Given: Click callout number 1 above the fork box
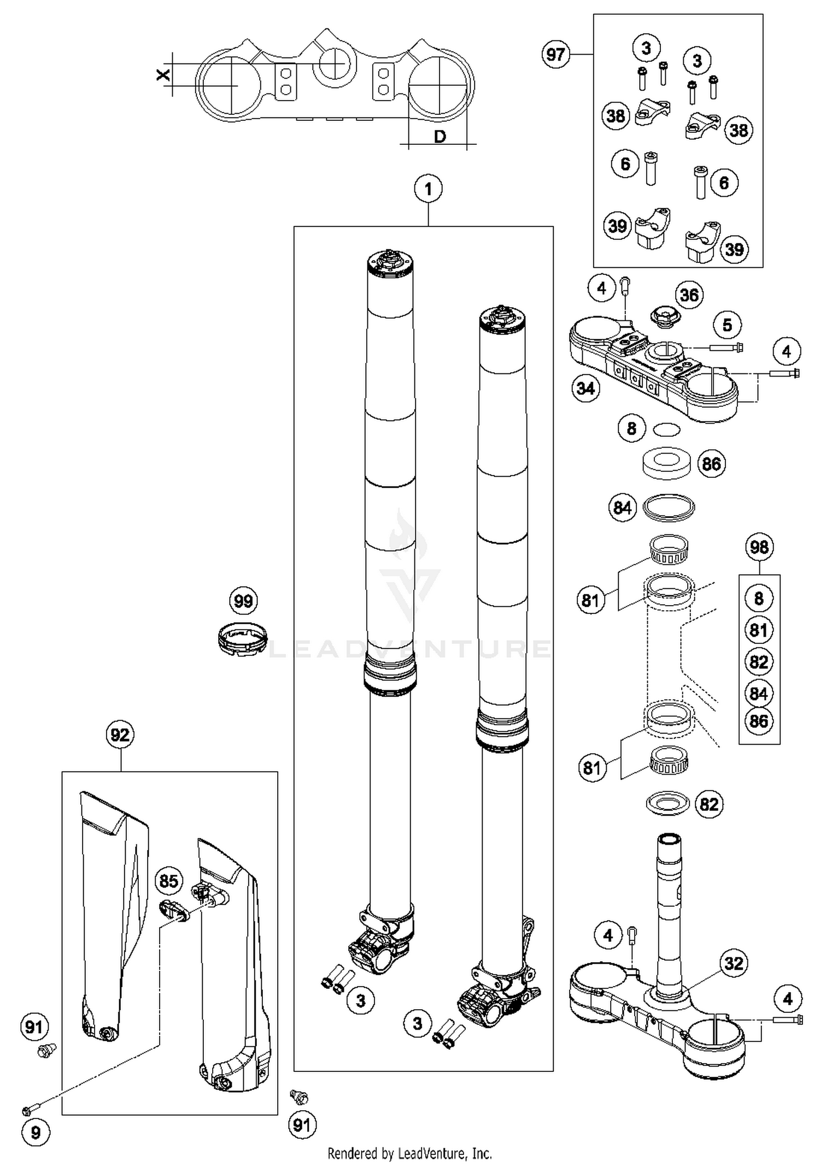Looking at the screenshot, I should [428, 189].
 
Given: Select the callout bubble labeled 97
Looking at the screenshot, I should [555, 55].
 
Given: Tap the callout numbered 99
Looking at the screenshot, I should [243, 601].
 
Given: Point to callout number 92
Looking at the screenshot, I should [120, 735].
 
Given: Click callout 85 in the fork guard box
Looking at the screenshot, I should [168, 881].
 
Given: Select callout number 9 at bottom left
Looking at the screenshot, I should [36, 1132].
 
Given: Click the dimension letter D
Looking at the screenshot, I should [440, 137].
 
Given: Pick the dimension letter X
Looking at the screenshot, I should [163, 75].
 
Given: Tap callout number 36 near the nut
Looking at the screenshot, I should [689, 295].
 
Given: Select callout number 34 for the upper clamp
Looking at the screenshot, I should [585, 389].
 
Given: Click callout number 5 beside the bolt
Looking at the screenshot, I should [727, 325].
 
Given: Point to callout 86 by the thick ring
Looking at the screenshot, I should [711, 464].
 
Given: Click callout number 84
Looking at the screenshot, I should [622, 508].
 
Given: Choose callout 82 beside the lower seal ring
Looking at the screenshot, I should [709, 804].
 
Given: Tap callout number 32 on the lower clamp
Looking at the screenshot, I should [734, 963].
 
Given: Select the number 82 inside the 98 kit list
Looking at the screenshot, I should [759, 662].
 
